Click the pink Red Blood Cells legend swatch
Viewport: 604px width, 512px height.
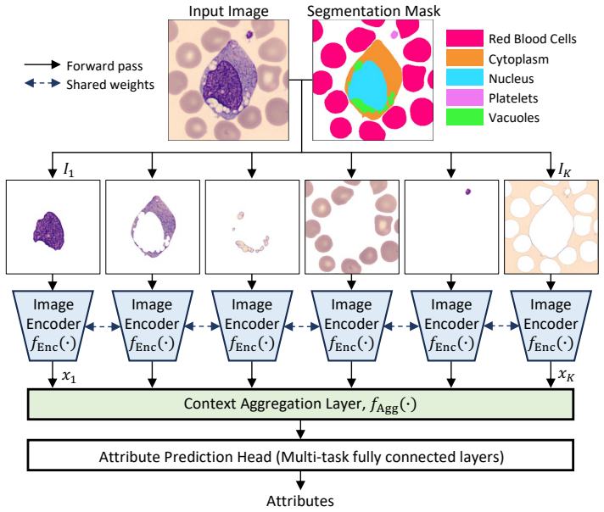point(465,38)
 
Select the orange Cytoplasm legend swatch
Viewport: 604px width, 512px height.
point(465,58)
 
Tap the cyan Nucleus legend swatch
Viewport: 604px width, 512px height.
point(465,77)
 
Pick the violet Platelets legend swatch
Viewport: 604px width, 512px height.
point(465,97)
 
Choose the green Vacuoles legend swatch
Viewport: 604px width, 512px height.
point(465,117)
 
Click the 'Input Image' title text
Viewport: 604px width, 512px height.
point(228,11)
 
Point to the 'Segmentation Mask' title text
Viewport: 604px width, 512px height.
point(373,11)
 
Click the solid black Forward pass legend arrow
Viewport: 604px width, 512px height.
point(42,64)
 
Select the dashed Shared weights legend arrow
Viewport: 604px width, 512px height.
point(42,83)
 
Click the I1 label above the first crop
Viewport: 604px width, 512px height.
point(69,170)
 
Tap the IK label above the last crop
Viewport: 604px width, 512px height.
point(564,170)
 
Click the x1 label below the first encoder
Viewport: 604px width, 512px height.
point(69,376)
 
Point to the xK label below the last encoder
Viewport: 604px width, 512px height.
point(566,375)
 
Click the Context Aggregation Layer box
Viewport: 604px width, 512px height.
point(300,403)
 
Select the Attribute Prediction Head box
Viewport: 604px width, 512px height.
point(300,455)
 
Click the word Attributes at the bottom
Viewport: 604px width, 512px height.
point(300,501)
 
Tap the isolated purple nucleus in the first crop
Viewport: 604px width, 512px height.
point(49,231)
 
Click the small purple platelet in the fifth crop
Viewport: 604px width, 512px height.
point(468,192)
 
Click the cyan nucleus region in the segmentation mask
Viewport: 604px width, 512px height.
point(368,86)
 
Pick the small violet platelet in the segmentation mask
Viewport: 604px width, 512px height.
point(394,35)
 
